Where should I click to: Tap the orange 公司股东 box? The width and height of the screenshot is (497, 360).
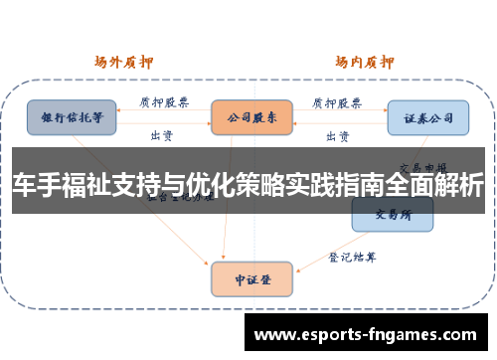251,116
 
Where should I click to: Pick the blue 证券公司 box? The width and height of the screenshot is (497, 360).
427,117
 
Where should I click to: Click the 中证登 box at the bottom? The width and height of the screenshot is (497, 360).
251,278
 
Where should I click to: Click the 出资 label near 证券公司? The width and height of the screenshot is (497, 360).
337,134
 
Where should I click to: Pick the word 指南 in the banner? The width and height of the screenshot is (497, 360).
357,185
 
